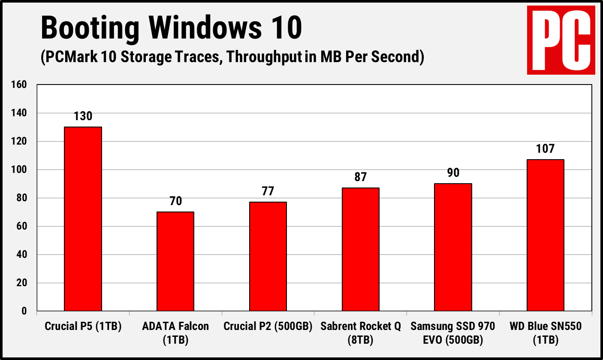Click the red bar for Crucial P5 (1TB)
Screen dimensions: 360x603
pyautogui.click(x=83, y=219)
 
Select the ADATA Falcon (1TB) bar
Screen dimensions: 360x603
pyautogui.click(x=175, y=261)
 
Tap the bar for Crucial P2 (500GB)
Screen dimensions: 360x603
pyautogui.click(x=268, y=256)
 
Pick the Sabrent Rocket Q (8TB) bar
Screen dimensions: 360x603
pyautogui.click(x=361, y=249)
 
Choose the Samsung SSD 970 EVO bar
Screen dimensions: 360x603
pyautogui.click(x=453, y=247)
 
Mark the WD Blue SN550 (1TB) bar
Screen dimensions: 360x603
pyautogui.click(x=546, y=235)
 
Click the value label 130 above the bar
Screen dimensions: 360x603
pyautogui.click(x=83, y=116)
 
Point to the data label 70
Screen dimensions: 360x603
pyautogui.click(x=175, y=201)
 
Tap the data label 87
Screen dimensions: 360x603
pyautogui.click(x=361, y=177)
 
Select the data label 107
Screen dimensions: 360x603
pyautogui.click(x=546, y=149)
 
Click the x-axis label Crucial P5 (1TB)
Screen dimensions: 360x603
pyautogui.click(x=83, y=327)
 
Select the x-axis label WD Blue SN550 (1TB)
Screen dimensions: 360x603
pyautogui.click(x=546, y=333)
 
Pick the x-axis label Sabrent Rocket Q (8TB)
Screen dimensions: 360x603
pyautogui.click(x=361, y=333)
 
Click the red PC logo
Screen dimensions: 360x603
pyautogui.click(x=561, y=40)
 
